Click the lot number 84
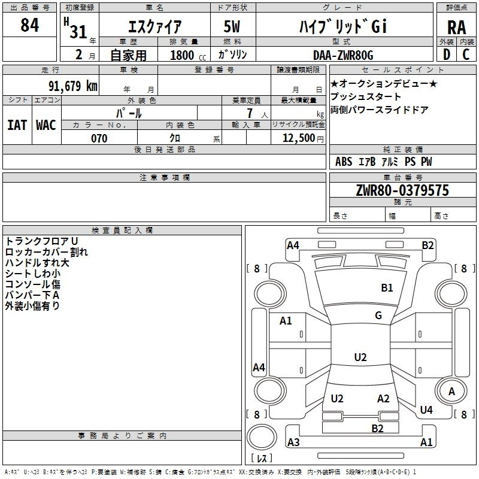tap(29, 25)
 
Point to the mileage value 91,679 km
tap(73, 86)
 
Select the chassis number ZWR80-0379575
tap(402, 190)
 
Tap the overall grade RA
tap(456, 28)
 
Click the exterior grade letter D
tap(447, 54)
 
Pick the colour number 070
tap(99, 138)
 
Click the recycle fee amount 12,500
tap(298, 138)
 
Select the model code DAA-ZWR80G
tap(343, 55)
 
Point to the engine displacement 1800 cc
tap(188, 55)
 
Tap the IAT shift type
tap(17, 125)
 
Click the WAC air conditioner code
tap(46, 125)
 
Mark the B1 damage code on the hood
tap(387, 288)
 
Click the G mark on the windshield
tap(378, 315)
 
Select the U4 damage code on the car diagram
tap(426, 410)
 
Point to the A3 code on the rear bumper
tap(293, 442)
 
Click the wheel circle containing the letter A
tap(451, 391)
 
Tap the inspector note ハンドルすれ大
tap(37, 263)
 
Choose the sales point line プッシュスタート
tap(365, 96)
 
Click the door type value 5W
tap(232, 26)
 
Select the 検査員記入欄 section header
tap(122, 231)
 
